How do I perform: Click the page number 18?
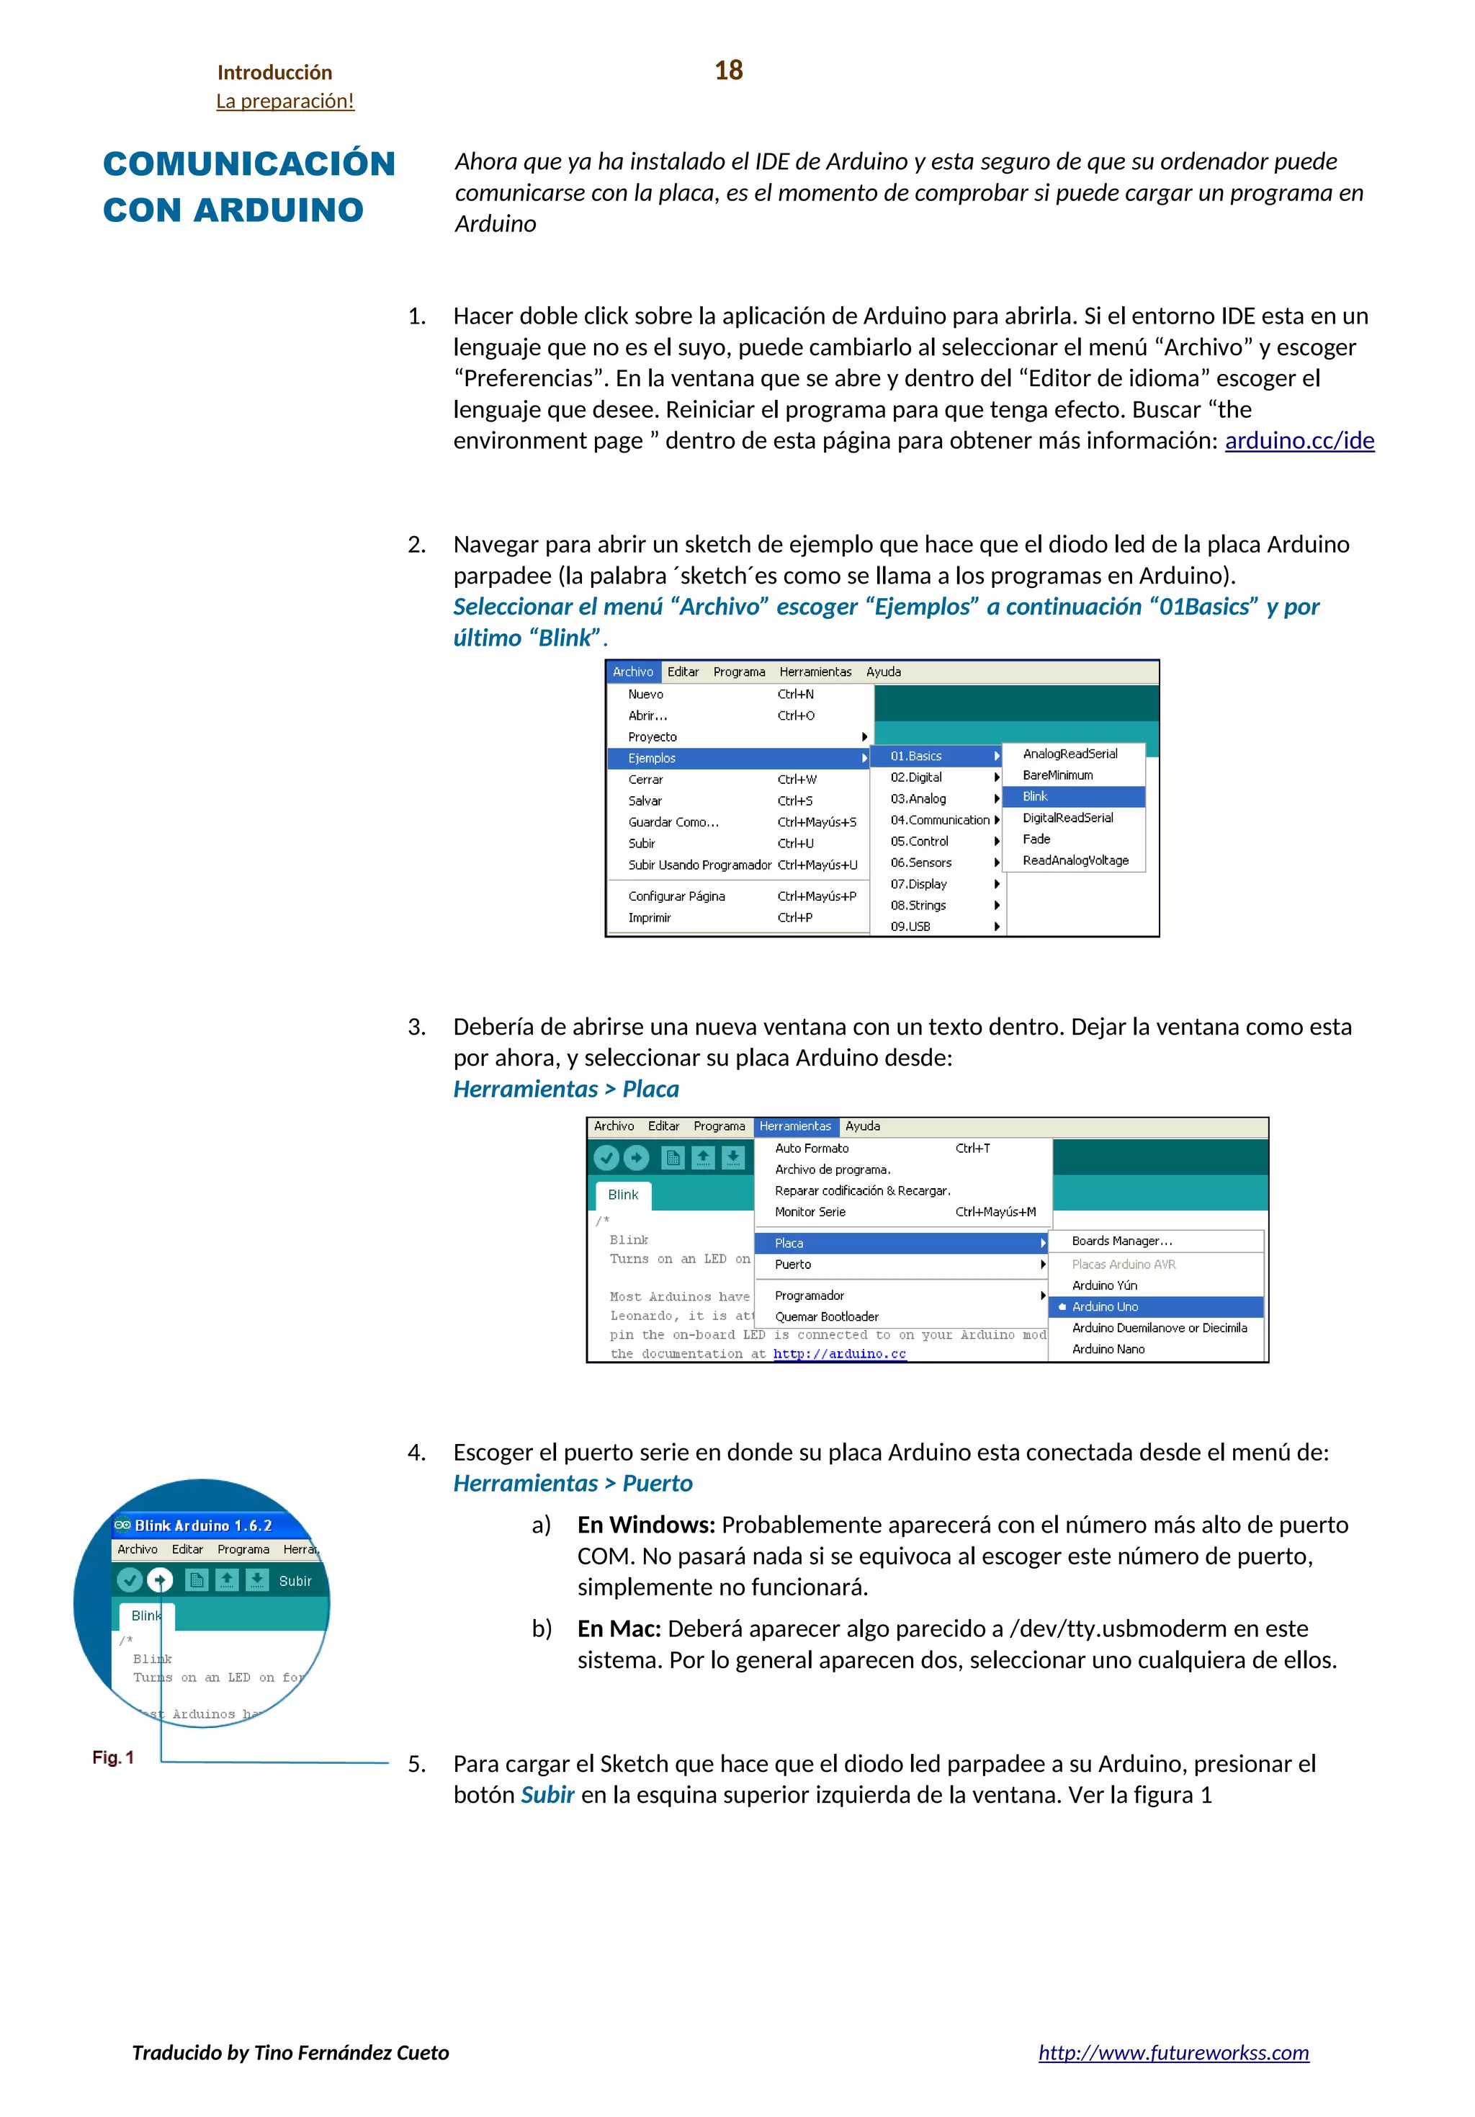point(728,70)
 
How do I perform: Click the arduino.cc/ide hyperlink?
point(1298,441)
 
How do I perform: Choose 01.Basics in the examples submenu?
point(915,756)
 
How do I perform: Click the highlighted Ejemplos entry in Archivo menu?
point(652,758)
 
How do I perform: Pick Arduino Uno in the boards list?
point(1104,1306)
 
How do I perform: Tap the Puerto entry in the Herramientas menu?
point(793,1264)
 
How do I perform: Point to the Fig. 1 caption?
point(112,1757)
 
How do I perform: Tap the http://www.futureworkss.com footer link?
point(1173,2052)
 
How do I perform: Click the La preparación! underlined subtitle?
point(285,100)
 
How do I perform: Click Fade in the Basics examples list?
point(1036,839)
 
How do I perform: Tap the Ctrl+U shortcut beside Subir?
point(794,844)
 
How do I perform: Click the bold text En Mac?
point(619,1629)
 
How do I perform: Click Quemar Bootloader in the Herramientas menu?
point(826,1316)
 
